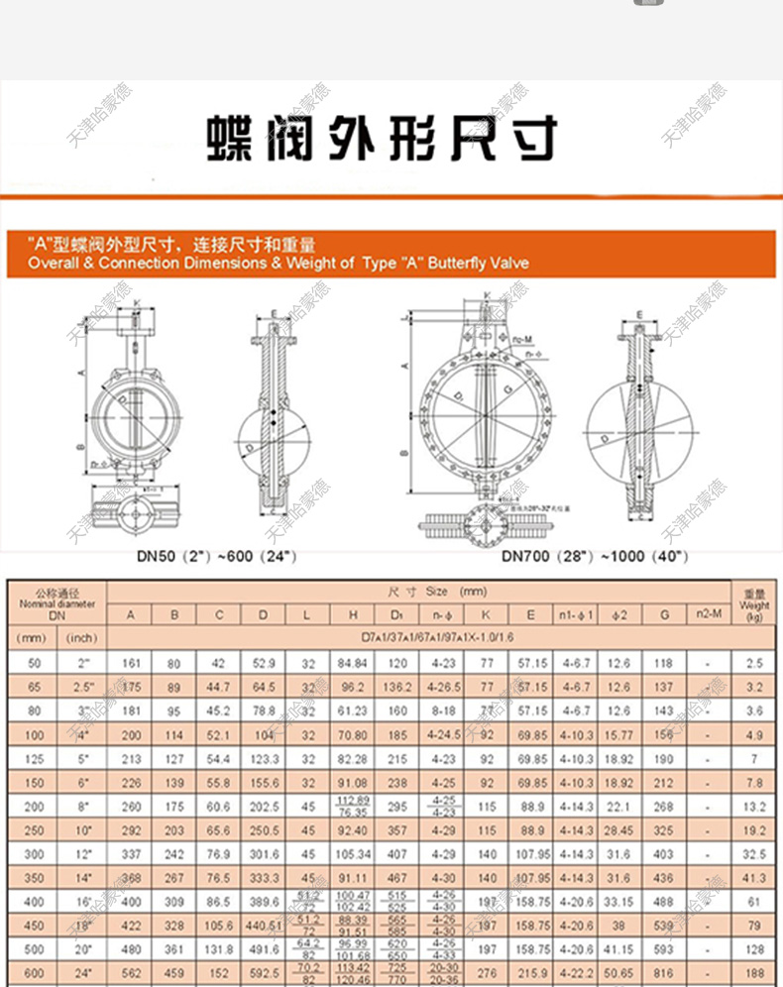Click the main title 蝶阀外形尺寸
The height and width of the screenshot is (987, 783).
(x=382, y=139)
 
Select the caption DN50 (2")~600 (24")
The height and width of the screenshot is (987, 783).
(x=217, y=556)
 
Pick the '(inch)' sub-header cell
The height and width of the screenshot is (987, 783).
(x=82, y=638)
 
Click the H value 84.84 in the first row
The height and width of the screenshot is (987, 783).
(x=353, y=662)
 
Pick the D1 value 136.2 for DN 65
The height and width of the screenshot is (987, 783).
(x=396, y=686)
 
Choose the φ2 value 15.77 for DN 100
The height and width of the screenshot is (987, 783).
(x=616, y=734)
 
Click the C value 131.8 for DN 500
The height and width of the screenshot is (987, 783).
(x=219, y=949)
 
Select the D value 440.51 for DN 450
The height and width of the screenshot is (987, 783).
(x=264, y=926)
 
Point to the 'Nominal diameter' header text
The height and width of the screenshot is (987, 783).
(x=56, y=603)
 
